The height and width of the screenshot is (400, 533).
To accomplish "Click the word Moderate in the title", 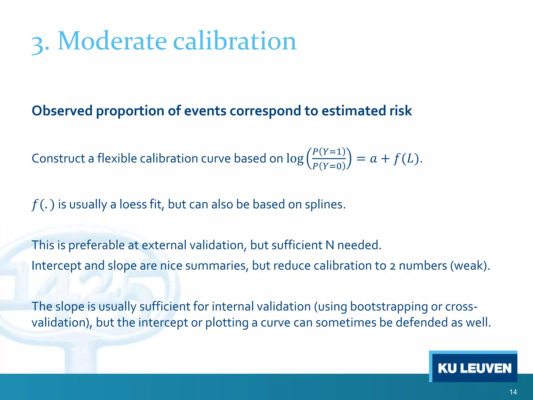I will (x=112, y=41).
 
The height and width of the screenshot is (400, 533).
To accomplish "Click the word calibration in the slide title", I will (x=234, y=41).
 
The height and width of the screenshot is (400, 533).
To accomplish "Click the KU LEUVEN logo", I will (x=474, y=368).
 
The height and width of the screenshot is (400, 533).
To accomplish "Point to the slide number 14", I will (x=513, y=392).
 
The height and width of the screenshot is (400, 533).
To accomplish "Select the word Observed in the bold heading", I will (x=62, y=111).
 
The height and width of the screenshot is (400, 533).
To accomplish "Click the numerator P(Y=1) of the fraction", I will (x=329, y=151).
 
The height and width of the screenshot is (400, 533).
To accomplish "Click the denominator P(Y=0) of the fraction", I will (x=329, y=166).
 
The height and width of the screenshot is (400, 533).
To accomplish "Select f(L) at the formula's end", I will (x=406, y=159).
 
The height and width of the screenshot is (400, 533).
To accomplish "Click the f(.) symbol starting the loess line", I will (x=43, y=204).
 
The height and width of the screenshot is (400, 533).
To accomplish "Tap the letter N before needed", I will (x=330, y=245).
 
